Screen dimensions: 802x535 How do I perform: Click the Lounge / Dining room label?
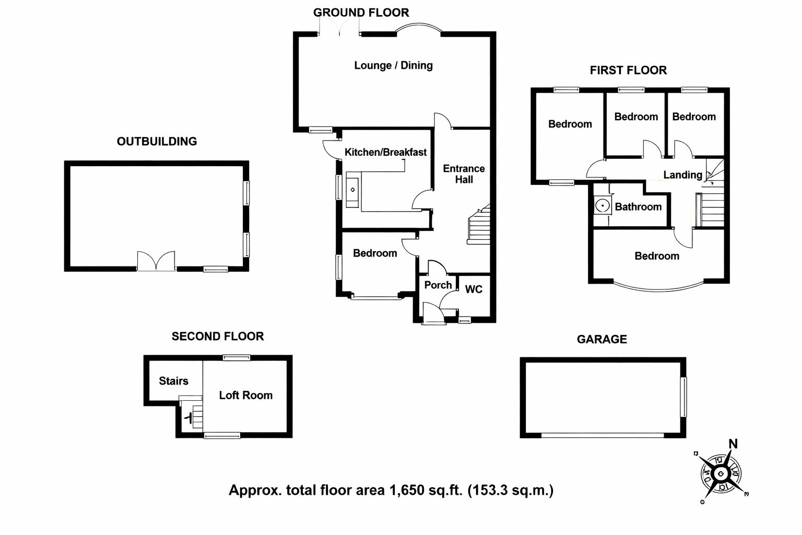coord(393,65)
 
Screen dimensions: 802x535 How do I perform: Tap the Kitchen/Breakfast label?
coord(385,152)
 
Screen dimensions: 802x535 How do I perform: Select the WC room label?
coord(474,289)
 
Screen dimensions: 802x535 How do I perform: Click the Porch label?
coord(438,285)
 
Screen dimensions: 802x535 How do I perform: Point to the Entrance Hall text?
coord(464,174)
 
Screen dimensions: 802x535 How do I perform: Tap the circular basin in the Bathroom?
coord(603,206)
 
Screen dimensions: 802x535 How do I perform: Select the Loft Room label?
coord(245,396)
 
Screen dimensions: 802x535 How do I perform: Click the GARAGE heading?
coord(601,339)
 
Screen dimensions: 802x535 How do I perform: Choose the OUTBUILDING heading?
coord(157,141)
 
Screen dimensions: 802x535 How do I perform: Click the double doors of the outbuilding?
coord(156,261)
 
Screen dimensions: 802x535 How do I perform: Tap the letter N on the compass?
coord(733,444)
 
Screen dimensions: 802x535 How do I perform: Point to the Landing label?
coord(682,175)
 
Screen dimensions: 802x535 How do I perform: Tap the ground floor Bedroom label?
coord(374,253)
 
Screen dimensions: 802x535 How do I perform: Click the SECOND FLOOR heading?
coord(218,336)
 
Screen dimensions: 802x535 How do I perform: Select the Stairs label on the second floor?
coord(173,381)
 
